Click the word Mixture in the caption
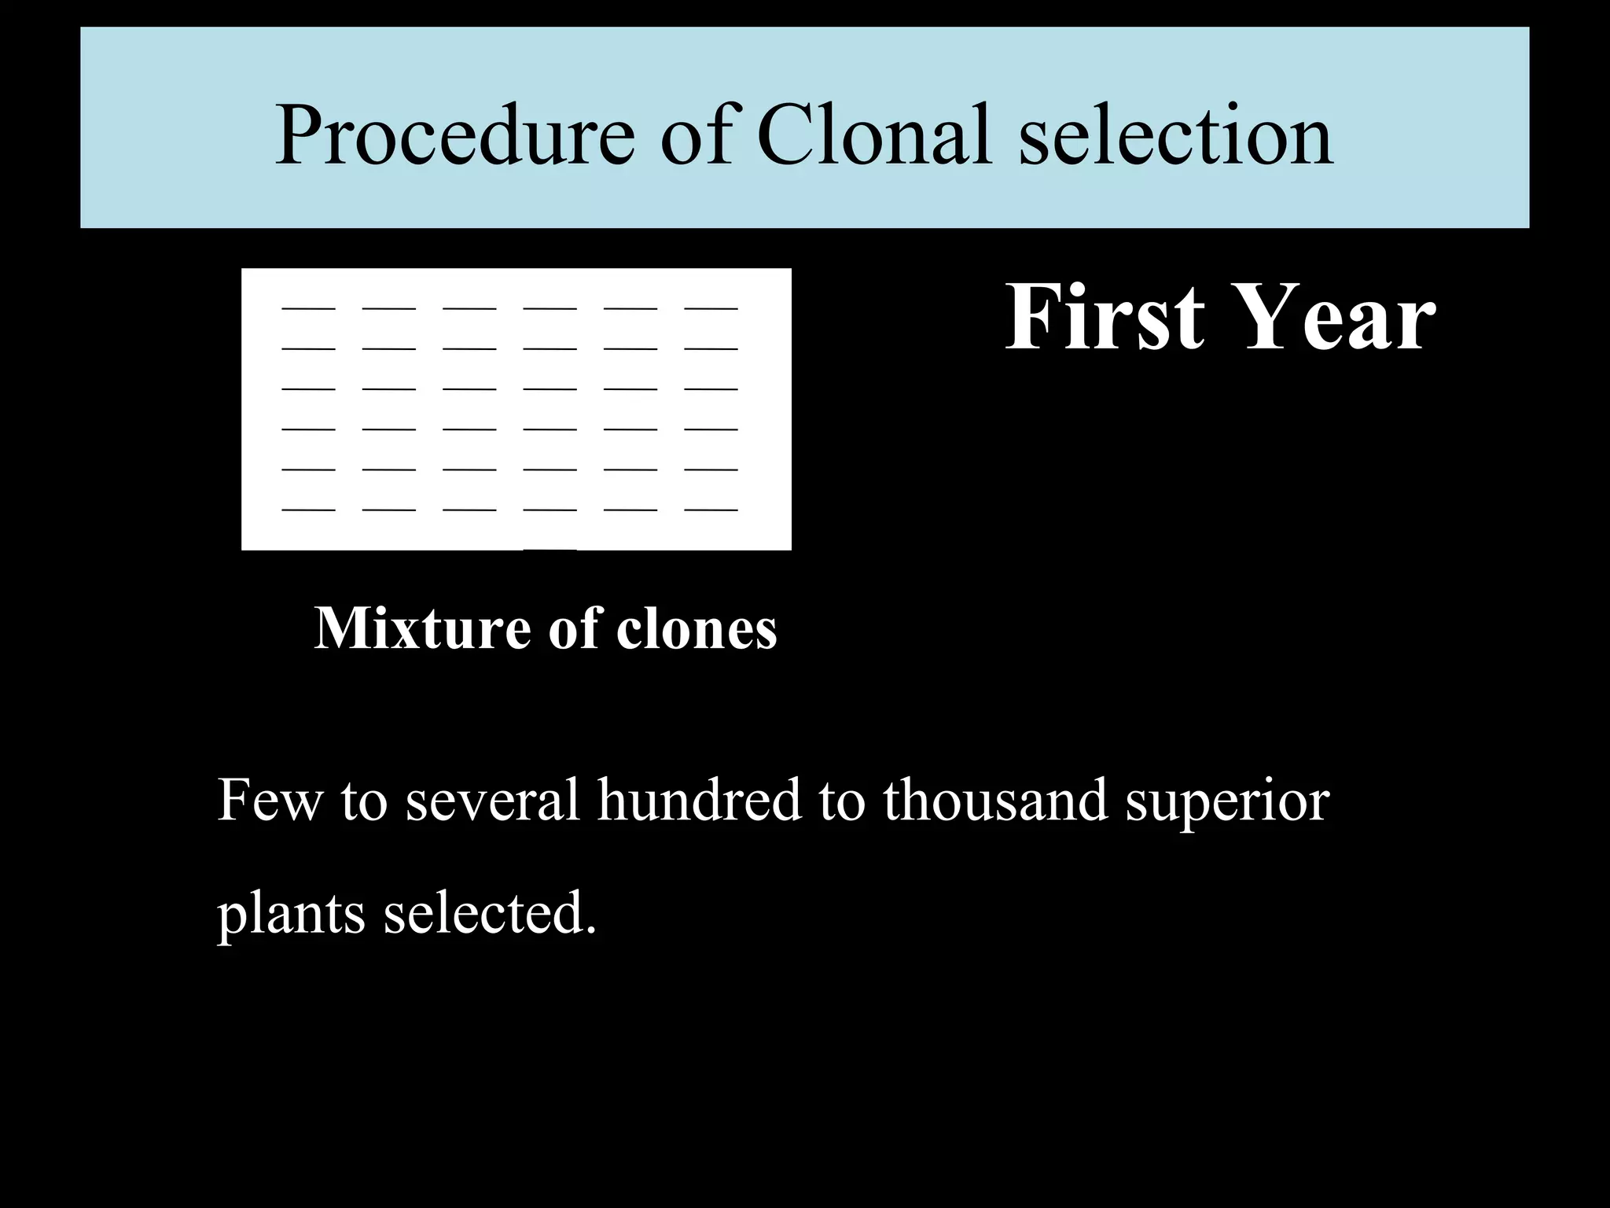click(421, 629)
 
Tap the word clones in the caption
click(697, 629)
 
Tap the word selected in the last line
click(489, 914)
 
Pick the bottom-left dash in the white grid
click(308, 510)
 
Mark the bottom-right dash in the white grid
click(711, 510)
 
